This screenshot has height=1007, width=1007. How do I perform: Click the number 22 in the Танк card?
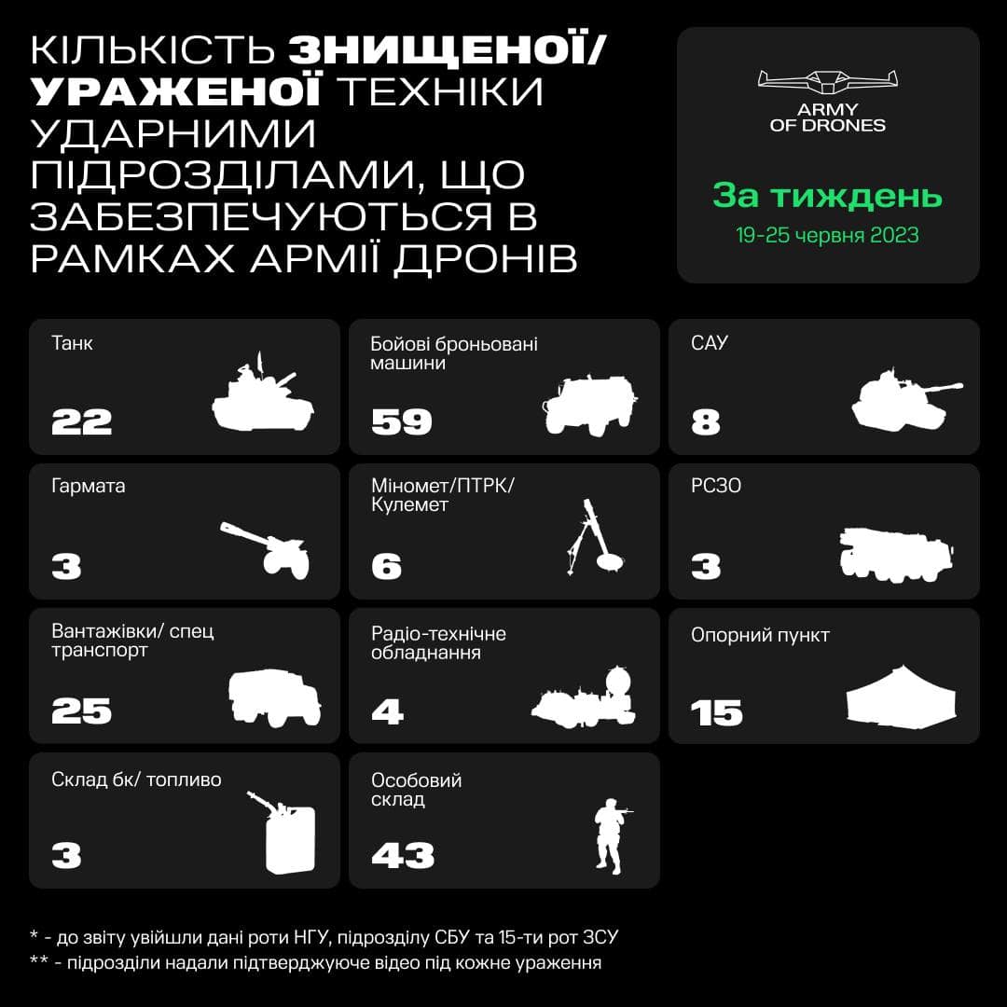(x=81, y=422)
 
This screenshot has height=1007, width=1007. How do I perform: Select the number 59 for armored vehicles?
(x=401, y=422)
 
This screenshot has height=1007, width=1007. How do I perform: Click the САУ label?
(x=710, y=343)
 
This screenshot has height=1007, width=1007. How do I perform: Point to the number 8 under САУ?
(x=706, y=422)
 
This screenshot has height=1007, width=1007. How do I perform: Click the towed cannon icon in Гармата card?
(x=265, y=550)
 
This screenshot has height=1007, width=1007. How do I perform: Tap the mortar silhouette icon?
(x=594, y=537)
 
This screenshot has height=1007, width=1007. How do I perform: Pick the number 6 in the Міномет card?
(x=387, y=567)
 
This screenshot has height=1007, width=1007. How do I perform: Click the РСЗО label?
(x=716, y=486)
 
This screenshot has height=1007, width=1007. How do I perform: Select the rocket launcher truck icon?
(x=896, y=555)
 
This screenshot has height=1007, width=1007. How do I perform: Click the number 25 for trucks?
(x=81, y=710)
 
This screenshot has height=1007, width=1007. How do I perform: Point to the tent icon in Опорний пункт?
(x=901, y=697)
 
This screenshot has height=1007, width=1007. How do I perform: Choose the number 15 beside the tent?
(x=717, y=713)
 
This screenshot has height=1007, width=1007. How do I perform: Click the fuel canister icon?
(x=283, y=833)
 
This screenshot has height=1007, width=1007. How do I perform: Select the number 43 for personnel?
(x=403, y=855)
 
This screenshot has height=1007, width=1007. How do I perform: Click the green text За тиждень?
(x=827, y=195)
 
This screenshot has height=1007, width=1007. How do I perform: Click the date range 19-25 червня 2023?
(x=827, y=235)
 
